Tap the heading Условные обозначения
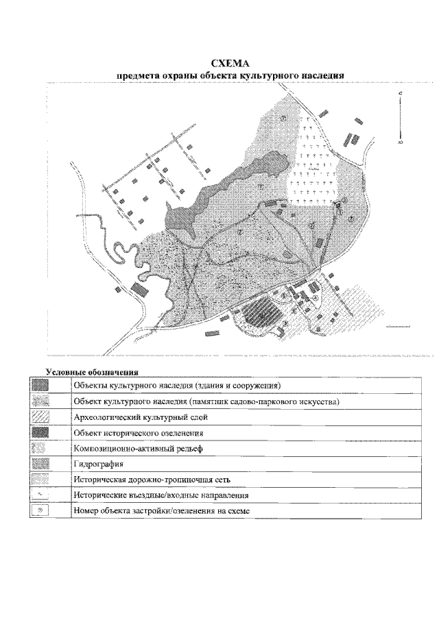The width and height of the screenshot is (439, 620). (x=92, y=373)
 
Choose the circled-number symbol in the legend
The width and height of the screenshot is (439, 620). (x=42, y=511)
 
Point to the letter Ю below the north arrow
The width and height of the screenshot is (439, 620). (x=400, y=142)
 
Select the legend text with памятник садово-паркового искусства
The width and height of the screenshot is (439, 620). (x=206, y=401)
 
